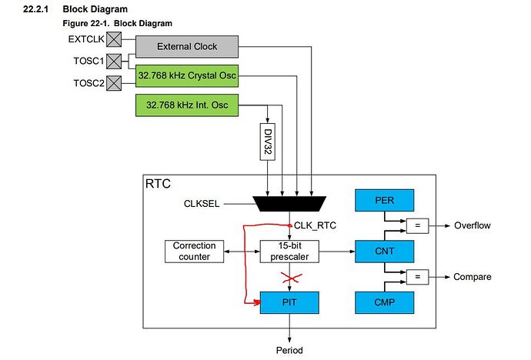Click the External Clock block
pyautogui.click(x=187, y=46)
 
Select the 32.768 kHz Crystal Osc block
pyautogui.click(x=187, y=75)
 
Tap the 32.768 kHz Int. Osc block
pyautogui.click(x=187, y=103)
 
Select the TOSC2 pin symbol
pyautogui.click(x=112, y=82)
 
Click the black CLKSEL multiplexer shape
pyautogui.click(x=289, y=203)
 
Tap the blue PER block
pyautogui.click(x=385, y=200)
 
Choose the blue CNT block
pyautogui.click(x=385, y=251)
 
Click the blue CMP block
pyautogui.click(x=385, y=302)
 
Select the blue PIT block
pyautogui.click(x=289, y=302)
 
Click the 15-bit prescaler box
pyautogui.click(x=289, y=251)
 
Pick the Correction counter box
pyautogui.click(x=195, y=251)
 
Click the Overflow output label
pyautogui.click(x=471, y=225)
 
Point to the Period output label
pyautogui.click(x=289, y=350)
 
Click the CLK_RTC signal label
pyautogui.click(x=316, y=225)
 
